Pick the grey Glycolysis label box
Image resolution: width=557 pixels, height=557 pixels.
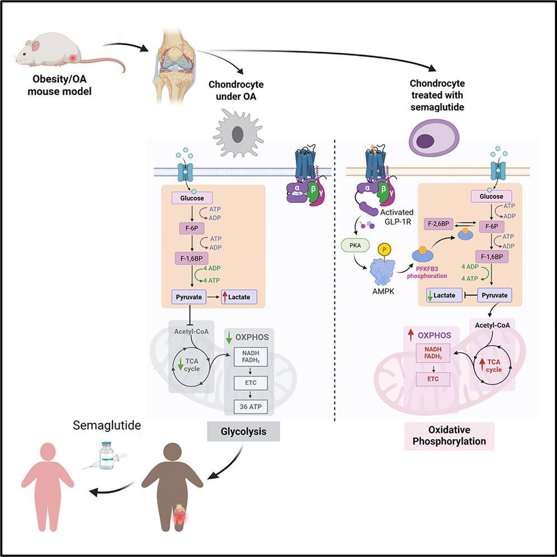point(243,432)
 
